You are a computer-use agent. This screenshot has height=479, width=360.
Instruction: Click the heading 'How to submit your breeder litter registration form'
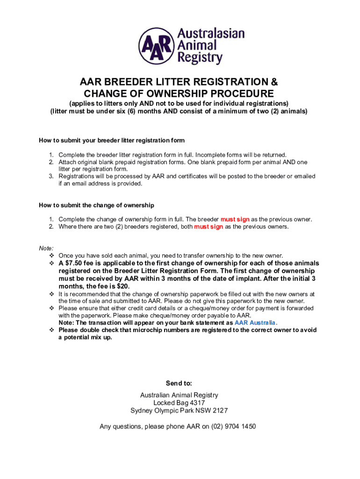[112, 140]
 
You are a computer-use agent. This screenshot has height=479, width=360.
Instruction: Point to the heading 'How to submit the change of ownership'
[96, 205]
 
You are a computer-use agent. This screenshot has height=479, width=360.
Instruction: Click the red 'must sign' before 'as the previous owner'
[235, 219]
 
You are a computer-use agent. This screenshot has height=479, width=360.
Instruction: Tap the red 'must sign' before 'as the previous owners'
[209, 227]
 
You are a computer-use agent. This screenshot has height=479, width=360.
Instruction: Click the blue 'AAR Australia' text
[256, 323]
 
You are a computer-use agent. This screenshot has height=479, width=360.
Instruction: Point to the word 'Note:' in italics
[46, 248]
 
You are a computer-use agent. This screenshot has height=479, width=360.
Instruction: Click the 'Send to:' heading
[179, 384]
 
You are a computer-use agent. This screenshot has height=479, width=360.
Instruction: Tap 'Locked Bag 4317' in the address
[179, 403]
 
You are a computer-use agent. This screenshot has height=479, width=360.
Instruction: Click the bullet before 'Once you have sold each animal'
[52, 256]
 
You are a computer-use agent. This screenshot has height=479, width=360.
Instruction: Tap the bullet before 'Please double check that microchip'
[52, 330]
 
